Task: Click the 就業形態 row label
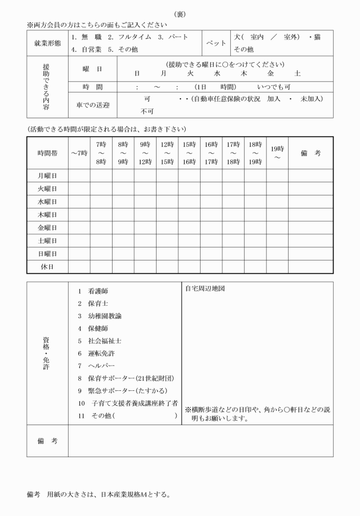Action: tap(47, 43)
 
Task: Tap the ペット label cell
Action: tap(215, 43)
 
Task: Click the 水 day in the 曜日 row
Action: tap(217, 73)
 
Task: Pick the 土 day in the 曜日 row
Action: tap(297, 73)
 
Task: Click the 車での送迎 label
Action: tap(92, 105)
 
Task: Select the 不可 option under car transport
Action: tap(147, 111)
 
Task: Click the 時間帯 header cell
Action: tap(47, 153)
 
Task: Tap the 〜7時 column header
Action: tap(79, 153)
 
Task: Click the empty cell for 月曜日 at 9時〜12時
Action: tap(145, 175)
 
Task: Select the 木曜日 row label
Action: tap(47, 214)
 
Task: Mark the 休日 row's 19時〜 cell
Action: tap(277, 266)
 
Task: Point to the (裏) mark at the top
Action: tap(179, 14)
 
